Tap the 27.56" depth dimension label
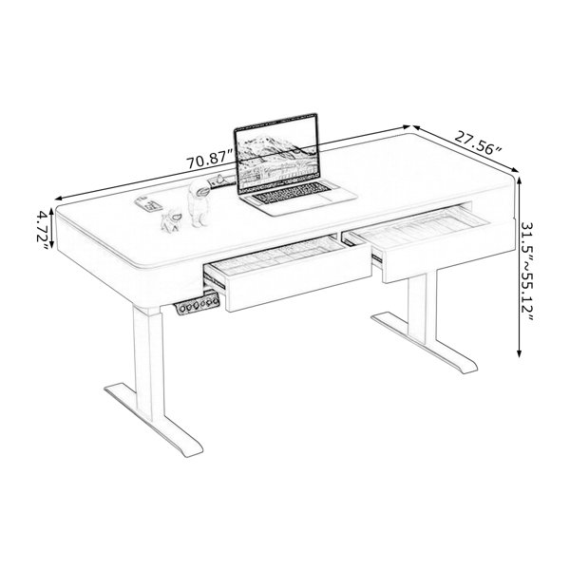478,143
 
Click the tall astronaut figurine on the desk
199,203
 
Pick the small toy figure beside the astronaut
172,221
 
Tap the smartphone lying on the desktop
148,203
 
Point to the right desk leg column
422,306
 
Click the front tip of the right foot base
469,370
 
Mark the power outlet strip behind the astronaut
221,180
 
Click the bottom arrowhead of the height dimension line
519,353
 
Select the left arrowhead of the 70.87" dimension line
58,199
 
